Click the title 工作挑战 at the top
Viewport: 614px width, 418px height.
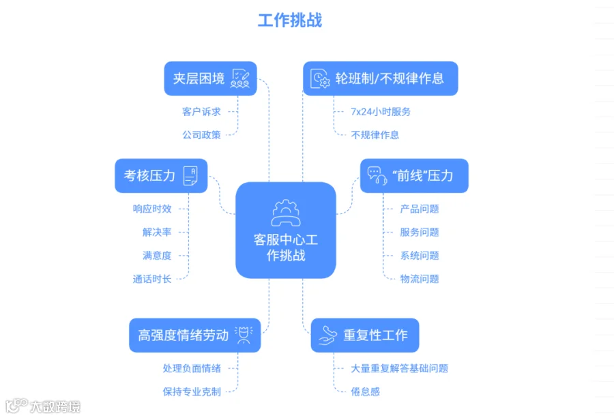click(290, 20)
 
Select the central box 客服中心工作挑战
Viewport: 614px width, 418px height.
click(285, 230)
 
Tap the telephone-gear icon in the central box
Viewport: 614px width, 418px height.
click(286, 213)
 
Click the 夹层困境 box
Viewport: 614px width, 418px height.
click(210, 78)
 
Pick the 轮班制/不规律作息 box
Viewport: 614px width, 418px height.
click(380, 78)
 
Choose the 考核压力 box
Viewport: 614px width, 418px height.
click(161, 176)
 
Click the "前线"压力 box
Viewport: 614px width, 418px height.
click(414, 176)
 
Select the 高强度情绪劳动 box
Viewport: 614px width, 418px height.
click(194, 335)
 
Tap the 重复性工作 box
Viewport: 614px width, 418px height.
click(364, 335)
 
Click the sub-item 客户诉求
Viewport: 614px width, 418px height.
click(201, 112)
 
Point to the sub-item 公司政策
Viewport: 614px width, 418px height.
click(201, 135)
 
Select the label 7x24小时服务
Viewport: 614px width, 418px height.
click(381, 112)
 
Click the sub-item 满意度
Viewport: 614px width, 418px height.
click(157, 256)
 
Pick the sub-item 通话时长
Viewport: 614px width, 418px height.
click(152, 279)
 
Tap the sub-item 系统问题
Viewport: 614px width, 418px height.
click(420, 256)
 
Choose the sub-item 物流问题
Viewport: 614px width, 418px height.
click(420, 279)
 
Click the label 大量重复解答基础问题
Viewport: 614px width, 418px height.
click(399, 368)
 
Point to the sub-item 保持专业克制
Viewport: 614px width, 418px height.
click(192, 392)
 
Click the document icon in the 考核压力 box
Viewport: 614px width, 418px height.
click(191, 176)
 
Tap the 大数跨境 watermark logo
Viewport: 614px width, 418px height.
click(43, 406)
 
